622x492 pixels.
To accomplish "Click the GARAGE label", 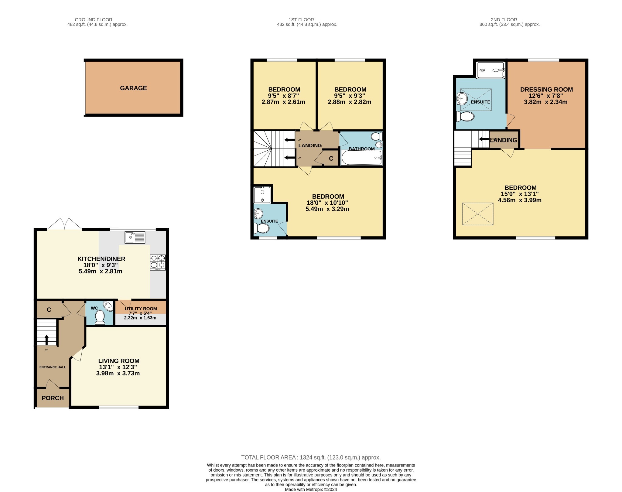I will click(x=133, y=88).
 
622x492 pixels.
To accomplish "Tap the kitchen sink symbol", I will click(x=135, y=237).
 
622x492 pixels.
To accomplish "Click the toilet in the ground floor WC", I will click(x=100, y=317).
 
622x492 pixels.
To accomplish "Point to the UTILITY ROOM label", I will click(x=141, y=309).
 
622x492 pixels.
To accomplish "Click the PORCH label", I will click(x=53, y=398).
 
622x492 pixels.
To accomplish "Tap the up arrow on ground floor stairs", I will click(x=46, y=340).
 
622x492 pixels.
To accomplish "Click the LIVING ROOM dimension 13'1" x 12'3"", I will click(x=118, y=367).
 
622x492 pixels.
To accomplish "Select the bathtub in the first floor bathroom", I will click(x=361, y=158).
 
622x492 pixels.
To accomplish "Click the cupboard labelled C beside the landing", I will click(x=331, y=159).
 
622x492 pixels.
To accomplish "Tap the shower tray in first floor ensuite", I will click(x=262, y=195).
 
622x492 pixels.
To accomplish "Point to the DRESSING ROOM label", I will click(x=546, y=90).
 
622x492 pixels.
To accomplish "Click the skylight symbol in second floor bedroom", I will click(x=477, y=214).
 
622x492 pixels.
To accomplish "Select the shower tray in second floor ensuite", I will click(x=490, y=70).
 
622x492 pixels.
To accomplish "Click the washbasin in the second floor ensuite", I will click(x=462, y=98).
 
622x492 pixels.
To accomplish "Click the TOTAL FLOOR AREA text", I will click(x=311, y=457).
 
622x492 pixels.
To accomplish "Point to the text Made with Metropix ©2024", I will click(x=311, y=490).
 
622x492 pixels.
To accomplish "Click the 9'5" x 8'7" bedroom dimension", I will click(x=283, y=96).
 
